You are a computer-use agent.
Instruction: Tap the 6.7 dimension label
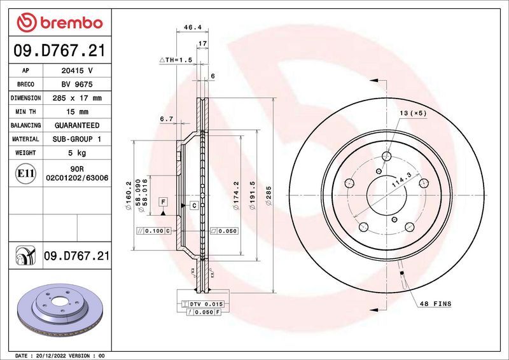point(167,119)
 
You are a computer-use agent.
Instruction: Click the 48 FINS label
point(435,304)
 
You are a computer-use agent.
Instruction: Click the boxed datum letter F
point(164,202)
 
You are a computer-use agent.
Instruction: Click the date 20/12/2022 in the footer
point(56,355)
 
